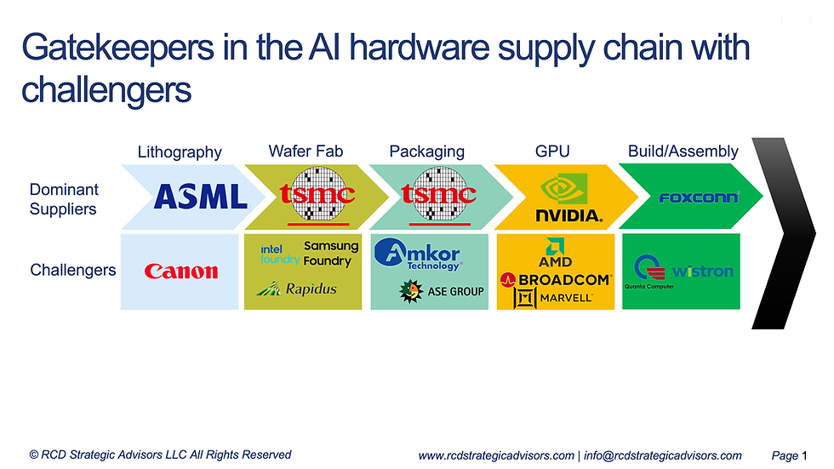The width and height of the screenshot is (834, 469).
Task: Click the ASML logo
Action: (201, 197)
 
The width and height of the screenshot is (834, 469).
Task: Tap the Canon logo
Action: (180, 272)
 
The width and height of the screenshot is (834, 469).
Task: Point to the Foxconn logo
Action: (699, 197)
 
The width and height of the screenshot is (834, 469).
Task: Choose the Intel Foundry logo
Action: (280, 255)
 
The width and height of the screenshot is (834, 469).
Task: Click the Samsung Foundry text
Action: (331, 253)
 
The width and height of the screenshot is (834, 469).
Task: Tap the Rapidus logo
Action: (296, 289)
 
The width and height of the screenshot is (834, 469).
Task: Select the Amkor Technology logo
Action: (418, 255)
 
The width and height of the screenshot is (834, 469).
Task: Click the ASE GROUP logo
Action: (442, 291)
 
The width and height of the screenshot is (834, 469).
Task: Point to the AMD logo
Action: (555, 253)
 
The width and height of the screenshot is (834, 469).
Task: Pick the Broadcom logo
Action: (556, 280)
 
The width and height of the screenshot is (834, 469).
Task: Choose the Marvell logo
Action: (553, 298)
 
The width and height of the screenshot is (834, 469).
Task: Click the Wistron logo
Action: (703, 272)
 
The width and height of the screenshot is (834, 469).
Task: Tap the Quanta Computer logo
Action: (649, 272)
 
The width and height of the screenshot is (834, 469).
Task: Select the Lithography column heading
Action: (180, 152)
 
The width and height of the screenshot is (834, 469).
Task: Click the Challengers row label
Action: (73, 270)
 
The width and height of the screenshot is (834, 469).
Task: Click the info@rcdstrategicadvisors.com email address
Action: (663, 455)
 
